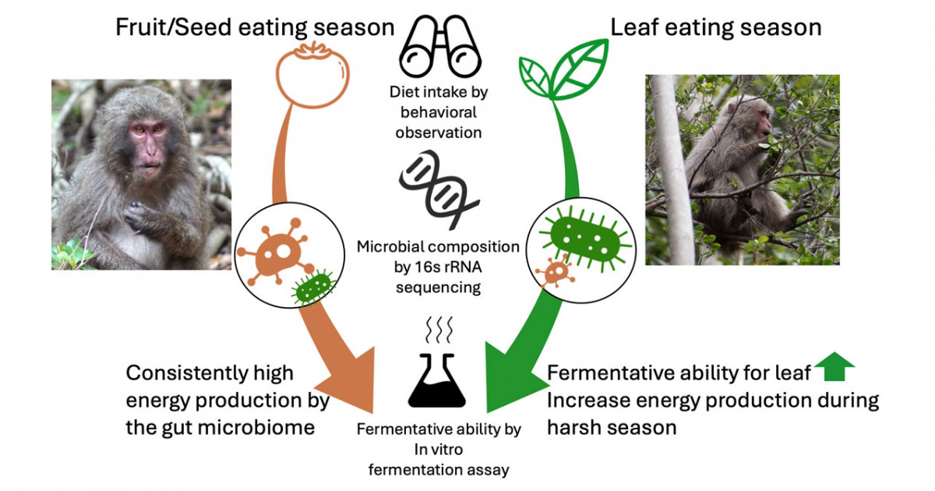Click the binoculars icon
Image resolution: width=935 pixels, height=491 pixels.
coord(440,46)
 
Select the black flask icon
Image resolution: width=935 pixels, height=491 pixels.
coord(437,380)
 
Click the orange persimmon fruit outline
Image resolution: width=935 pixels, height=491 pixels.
coord(312,75)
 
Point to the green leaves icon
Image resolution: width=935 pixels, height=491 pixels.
coord(563,70)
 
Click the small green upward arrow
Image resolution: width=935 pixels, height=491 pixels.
coord(834,366)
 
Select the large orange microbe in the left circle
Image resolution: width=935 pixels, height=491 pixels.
coord(277,253)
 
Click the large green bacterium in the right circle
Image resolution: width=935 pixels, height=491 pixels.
coord(586,238)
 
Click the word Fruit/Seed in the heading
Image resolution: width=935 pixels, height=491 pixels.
coord(173,27)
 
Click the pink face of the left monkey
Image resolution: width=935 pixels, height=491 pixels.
coord(147,145)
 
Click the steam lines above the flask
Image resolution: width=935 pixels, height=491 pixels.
coord(439,330)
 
